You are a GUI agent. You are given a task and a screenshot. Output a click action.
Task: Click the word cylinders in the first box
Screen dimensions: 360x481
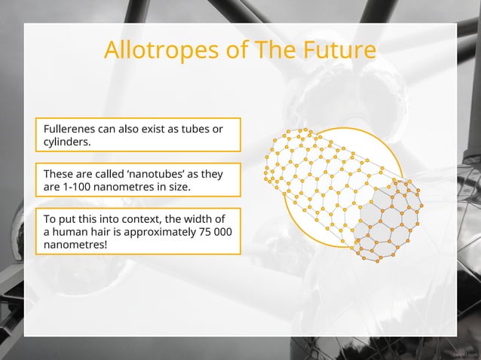tap(67, 142)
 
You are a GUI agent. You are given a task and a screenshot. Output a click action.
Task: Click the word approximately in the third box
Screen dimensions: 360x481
tap(152, 232)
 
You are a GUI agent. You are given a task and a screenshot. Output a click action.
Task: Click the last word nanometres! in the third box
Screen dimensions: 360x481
tap(76, 245)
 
